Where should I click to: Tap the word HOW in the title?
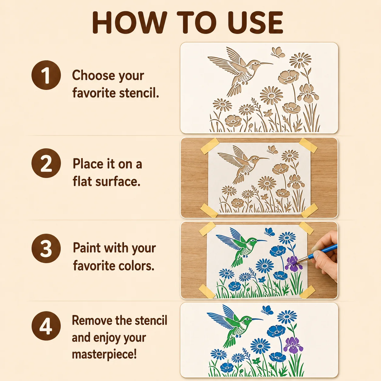click(x=129, y=22)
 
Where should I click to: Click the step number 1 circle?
click(x=46, y=75)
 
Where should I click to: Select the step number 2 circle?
click(x=46, y=163)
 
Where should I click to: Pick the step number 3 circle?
click(x=46, y=248)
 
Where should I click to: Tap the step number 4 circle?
click(x=46, y=326)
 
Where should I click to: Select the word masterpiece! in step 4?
click(x=104, y=354)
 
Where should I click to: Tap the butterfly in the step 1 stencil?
click(x=278, y=52)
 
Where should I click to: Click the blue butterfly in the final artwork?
click(x=267, y=310)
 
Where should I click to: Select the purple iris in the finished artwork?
click(x=293, y=345)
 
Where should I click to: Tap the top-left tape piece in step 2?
click(x=210, y=146)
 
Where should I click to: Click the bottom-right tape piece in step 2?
click(x=309, y=210)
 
